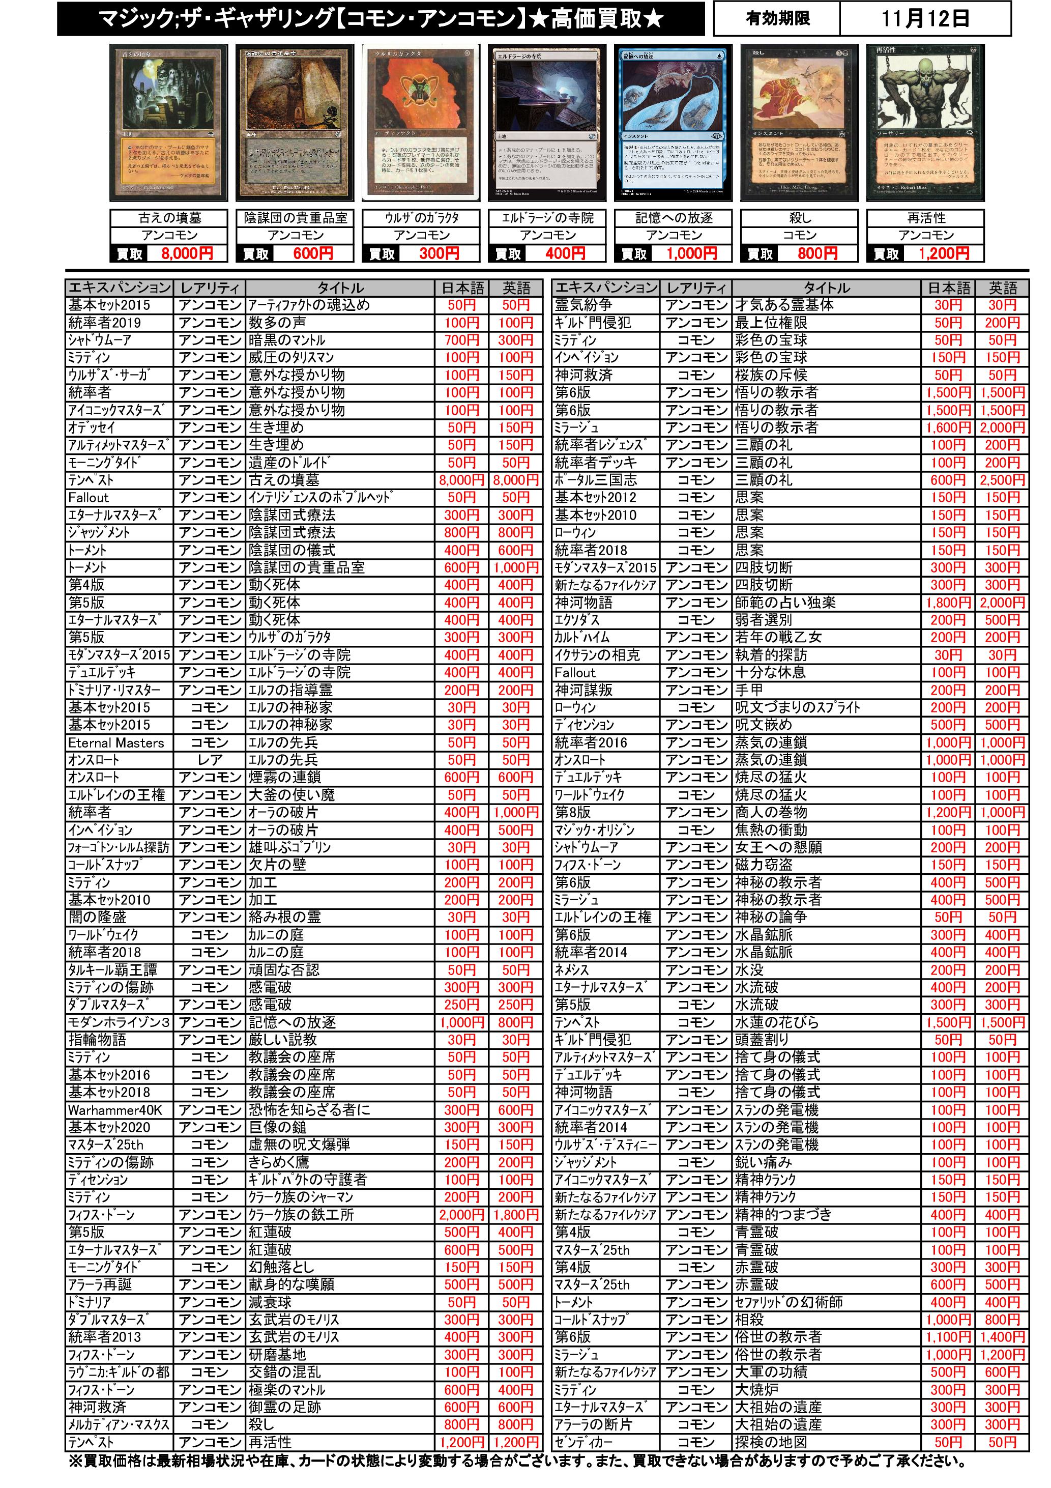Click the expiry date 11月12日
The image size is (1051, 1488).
(x=925, y=18)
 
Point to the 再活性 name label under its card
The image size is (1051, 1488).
(x=925, y=218)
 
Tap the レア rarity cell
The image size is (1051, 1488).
(x=209, y=760)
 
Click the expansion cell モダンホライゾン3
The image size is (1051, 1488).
(x=119, y=1023)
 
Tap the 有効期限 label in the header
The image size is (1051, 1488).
(x=777, y=18)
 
